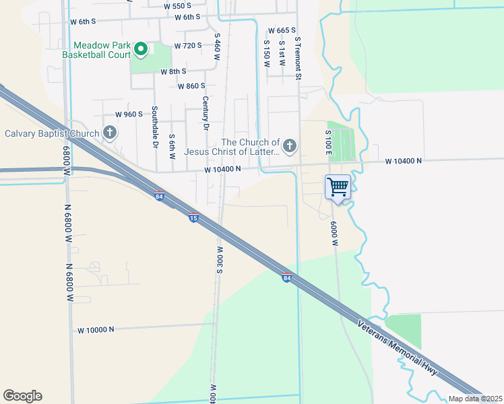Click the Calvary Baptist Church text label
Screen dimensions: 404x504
(x=52, y=133)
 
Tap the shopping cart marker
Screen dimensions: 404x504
(x=338, y=186)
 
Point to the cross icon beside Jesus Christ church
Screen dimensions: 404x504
(x=289, y=145)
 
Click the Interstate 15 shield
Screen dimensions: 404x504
(x=193, y=218)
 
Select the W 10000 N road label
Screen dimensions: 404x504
(x=96, y=330)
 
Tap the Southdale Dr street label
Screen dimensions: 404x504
(x=154, y=127)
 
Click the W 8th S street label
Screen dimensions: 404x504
(x=173, y=71)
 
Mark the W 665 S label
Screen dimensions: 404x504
(x=282, y=31)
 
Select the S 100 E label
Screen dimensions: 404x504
(x=328, y=143)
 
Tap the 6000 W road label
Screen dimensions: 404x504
(x=334, y=233)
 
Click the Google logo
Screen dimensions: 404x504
(x=22, y=396)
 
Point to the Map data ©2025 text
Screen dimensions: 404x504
(x=475, y=399)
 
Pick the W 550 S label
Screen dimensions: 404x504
(x=178, y=5)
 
